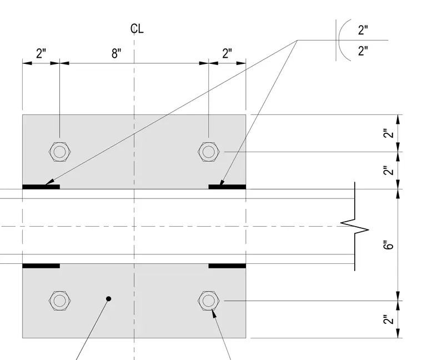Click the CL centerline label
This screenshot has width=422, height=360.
point(137,28)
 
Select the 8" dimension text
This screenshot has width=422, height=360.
point(116,53)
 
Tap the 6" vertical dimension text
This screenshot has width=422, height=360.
point(388,245)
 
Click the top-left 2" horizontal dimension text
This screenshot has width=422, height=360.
point(41,53)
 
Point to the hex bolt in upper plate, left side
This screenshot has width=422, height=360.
point(60,152)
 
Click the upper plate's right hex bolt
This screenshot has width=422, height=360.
point(209,152)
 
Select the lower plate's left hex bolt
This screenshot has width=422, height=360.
point(60,301)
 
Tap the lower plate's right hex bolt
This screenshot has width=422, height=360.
point(209,301)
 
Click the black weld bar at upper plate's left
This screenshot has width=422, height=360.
point(41,187)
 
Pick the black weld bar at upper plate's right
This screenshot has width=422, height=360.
point(227,187)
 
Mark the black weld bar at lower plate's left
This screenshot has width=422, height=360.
point(41,266)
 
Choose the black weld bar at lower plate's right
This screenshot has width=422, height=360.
point(227,266)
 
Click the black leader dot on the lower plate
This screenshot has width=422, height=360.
point(109,298)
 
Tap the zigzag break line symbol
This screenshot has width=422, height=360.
point(355,226)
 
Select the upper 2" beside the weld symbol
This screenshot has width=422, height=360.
point(363,30)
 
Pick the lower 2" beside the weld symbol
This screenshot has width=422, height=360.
point(363,51)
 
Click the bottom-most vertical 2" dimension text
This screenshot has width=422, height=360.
point(388,319)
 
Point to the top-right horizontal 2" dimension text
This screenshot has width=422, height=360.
point(227,53)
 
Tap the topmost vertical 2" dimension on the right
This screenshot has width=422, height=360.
point(388,133)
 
